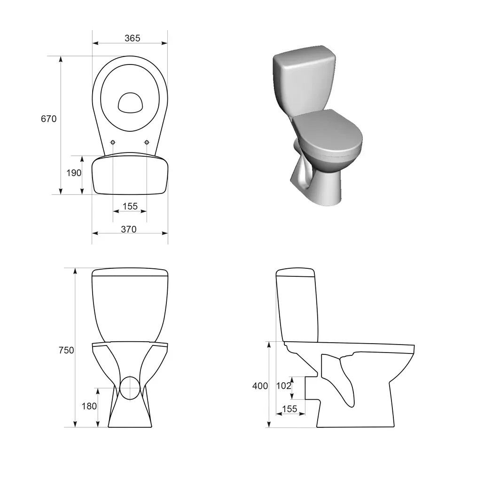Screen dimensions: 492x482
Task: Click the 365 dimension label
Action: (132, 38)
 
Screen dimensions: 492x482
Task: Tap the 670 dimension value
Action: (48, 119)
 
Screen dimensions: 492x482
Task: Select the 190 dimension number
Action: (74, 173)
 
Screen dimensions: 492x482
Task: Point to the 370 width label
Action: (129, 229)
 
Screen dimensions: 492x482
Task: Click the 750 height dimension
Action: (66, 350)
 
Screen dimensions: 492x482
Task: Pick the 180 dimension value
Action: (89, 406)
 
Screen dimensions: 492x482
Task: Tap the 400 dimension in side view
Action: (260, 386)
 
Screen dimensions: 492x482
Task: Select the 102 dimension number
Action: (283, 386)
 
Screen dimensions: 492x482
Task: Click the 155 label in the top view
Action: (130, 206)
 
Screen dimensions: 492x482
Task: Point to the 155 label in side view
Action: (289, 409)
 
